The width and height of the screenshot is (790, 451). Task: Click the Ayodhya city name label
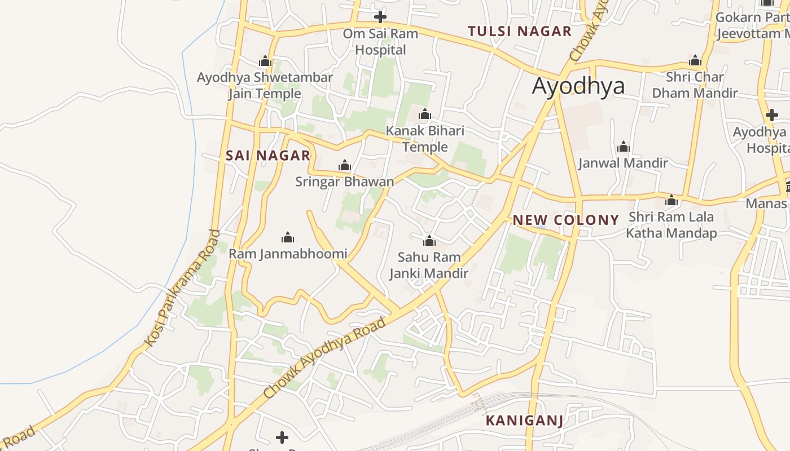[x=578, y=86]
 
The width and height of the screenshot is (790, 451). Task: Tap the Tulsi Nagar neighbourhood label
[x=520, y=32]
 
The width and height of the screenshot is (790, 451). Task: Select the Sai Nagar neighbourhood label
[x=268, y=156]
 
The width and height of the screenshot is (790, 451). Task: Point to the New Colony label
[x=566, y=220]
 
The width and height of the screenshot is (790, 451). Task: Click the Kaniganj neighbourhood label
[x=524, y=421]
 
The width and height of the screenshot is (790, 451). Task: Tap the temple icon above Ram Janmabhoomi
[x=288, y=237]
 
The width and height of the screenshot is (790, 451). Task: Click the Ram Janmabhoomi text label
[x=288, y=254]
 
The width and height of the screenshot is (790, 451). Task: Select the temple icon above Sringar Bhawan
[x=344, y=165]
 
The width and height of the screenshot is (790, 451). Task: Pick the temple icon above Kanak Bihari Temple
[x=425, y=114]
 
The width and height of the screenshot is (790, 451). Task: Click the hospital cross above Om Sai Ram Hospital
[x=380, y=16]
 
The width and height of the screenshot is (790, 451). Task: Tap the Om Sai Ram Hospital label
[x=380, y=42]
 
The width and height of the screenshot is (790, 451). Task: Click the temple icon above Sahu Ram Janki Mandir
[x=429, y=241]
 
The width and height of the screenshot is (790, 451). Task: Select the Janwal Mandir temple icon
[x=624, y=147]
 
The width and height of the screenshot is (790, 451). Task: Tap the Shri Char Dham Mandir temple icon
[x=695, y=60]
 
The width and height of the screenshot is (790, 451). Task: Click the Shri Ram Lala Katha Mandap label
[x=671, y=225]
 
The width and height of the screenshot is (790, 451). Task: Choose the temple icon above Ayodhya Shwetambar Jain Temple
[x=265, y=61]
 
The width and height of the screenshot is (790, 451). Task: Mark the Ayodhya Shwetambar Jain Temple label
[x=265, y=85]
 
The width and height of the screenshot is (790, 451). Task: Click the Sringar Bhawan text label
[x=344, y=182]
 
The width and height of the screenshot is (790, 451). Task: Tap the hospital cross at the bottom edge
[x=282, y=437]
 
